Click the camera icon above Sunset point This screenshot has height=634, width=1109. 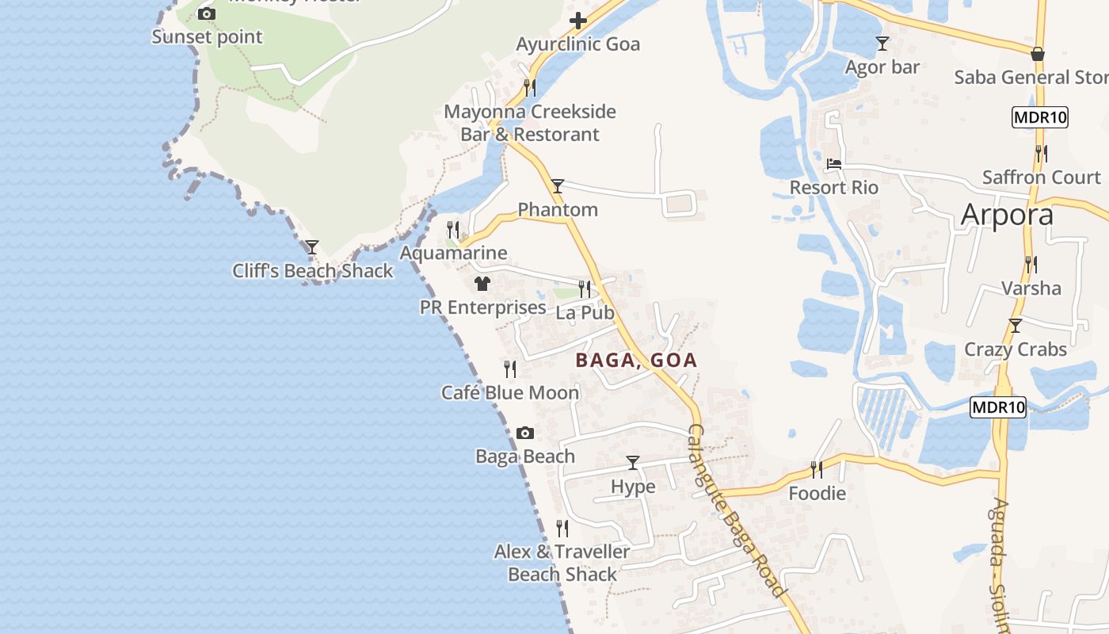point(206,13)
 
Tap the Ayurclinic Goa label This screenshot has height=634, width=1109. point(577,44)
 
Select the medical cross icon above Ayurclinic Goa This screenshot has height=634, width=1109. point(579,21)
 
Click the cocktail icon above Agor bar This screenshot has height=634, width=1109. point(882,43)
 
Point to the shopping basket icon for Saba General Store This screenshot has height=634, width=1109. point(1038,54)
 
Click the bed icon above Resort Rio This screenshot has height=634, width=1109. point(834,164)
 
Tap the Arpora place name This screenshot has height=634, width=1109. point(1007,215)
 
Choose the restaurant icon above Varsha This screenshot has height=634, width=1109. point(1031,264)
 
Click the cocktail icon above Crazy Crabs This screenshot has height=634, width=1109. point(1016,325)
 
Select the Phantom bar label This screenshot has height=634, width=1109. point(558,210)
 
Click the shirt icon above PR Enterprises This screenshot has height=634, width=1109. point(482,283)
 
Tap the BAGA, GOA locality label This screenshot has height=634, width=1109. point(636,361)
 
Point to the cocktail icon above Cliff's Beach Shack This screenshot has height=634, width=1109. point(312,247)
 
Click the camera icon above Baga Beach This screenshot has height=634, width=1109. point(524,433)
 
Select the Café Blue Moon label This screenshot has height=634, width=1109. point(510,392)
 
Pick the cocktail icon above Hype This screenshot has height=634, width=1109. point(633,462)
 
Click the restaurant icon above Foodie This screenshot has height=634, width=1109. point(817,469)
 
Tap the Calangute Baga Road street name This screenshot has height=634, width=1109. point(737,511)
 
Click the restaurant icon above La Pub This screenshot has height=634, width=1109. point(585,288)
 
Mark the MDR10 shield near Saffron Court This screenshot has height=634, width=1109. point(1040,118)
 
